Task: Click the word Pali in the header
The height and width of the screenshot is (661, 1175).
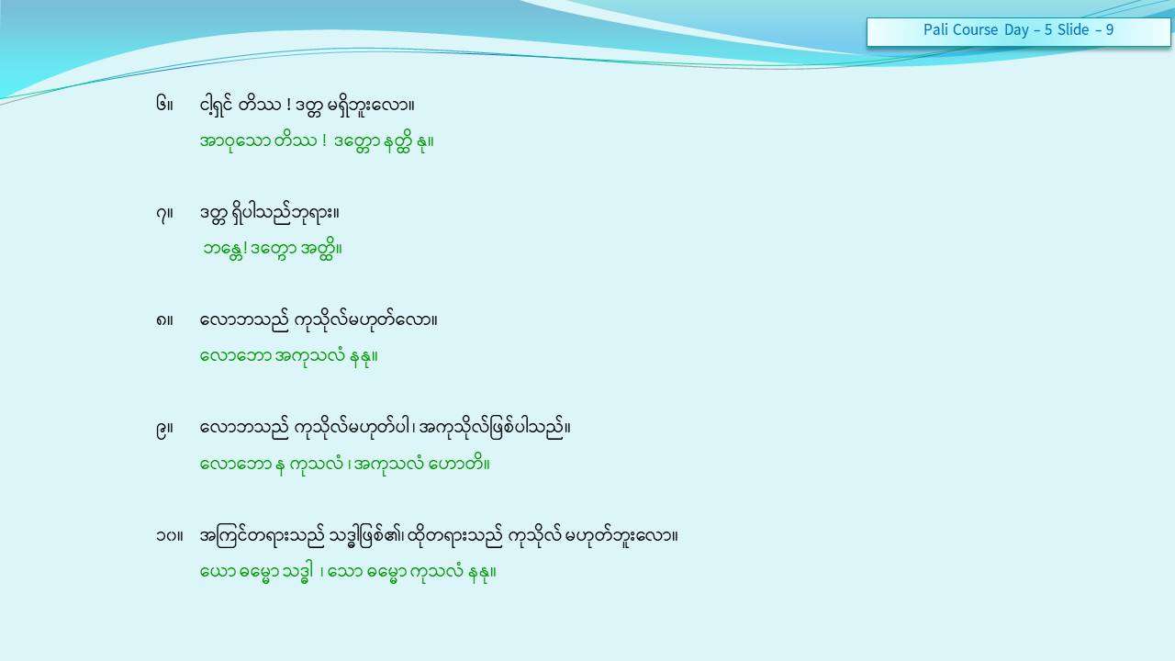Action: pos(934,30)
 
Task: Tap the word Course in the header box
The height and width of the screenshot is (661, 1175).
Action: pos(975,30)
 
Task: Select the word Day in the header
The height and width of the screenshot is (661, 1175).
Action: pos(1016,30)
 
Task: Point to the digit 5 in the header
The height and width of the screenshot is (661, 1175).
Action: pos(1048,30)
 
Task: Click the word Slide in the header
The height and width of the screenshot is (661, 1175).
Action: pos(1073,30)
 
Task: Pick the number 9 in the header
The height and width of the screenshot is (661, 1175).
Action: pos(1110,30)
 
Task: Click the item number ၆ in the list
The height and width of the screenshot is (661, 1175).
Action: pos(162,104)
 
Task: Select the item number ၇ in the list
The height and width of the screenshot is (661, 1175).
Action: pos(161,214)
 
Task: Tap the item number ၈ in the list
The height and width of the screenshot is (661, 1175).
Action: pos(161,320)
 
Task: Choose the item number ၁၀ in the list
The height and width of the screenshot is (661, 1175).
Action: pos(167,536)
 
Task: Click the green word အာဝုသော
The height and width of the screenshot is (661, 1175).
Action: pos(235,141)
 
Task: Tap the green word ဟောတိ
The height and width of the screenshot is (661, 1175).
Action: pos(456,464)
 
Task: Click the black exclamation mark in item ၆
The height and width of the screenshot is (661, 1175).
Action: pos(288,105)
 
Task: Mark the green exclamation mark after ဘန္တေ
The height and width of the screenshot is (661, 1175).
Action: pos(245,248)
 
